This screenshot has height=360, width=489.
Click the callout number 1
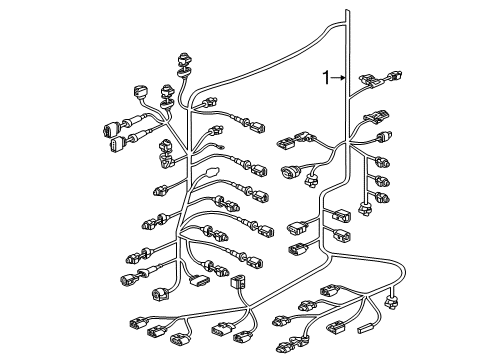point(326,78)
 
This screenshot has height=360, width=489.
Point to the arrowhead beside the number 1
point(343,78)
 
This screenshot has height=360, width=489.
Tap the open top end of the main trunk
point(347,11)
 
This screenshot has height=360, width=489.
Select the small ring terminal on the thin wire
point(221,146)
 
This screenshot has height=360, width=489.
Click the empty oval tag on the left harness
point(211,172)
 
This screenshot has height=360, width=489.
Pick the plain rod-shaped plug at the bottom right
point(365,328)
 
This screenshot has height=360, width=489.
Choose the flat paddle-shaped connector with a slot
point(198,281)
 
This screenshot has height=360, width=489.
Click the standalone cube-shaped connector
point(238,281)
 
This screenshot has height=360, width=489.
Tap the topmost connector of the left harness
point(185,59)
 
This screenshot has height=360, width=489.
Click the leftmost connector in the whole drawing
point(111,129)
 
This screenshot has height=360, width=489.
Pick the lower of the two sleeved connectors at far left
point(117,144)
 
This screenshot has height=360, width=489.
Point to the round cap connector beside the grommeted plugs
point(140,91)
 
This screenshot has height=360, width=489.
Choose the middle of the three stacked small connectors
point(382,181)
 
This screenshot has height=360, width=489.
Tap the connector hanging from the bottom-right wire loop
point(391,301)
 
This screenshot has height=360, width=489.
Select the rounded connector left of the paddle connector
point(161,294)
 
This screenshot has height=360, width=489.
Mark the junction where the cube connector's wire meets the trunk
point(249,306)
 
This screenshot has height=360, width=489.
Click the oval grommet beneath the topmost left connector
point(184,71)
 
